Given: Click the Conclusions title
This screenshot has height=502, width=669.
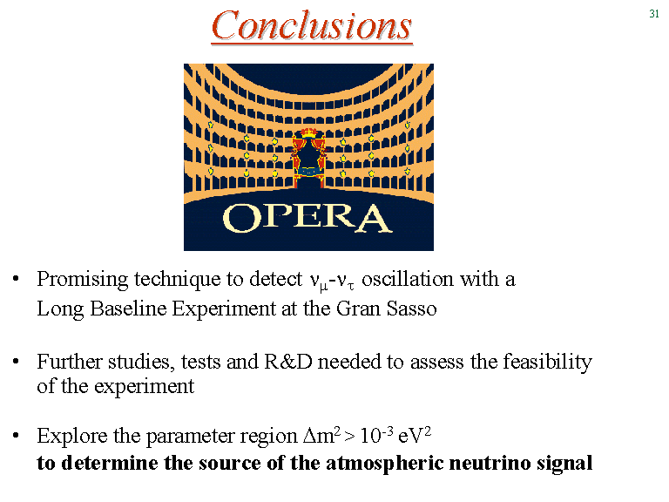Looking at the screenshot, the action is (x=312, y=25).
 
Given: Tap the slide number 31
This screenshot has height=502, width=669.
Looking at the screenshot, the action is (x=654, y=14).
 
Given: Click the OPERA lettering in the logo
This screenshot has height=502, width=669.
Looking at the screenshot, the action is (x=307, y=218).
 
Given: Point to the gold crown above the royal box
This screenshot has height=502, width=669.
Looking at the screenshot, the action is (x=309, y=132).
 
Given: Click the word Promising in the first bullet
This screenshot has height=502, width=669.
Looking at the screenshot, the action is (x=83, y=280).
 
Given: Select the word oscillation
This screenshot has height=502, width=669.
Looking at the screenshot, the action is (x=408, y=279).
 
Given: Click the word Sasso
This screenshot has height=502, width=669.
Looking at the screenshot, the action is (x=412, y=309).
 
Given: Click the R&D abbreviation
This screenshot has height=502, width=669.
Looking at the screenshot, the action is (x=288, y=362).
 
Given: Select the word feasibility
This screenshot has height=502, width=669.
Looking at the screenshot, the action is (x=547, y=363).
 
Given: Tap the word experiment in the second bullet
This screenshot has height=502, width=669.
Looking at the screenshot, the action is (x=145, y=387).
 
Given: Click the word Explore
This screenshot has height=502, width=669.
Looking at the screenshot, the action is (x=72, y=436).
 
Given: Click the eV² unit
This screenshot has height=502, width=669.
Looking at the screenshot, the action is (x=415, y=436).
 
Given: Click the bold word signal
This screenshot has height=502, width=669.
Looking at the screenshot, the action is (x=564, y=464).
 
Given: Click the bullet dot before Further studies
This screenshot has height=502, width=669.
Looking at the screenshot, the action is (x=17, y=362).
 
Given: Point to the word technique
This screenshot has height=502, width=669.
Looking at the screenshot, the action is (x=177, y=280).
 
